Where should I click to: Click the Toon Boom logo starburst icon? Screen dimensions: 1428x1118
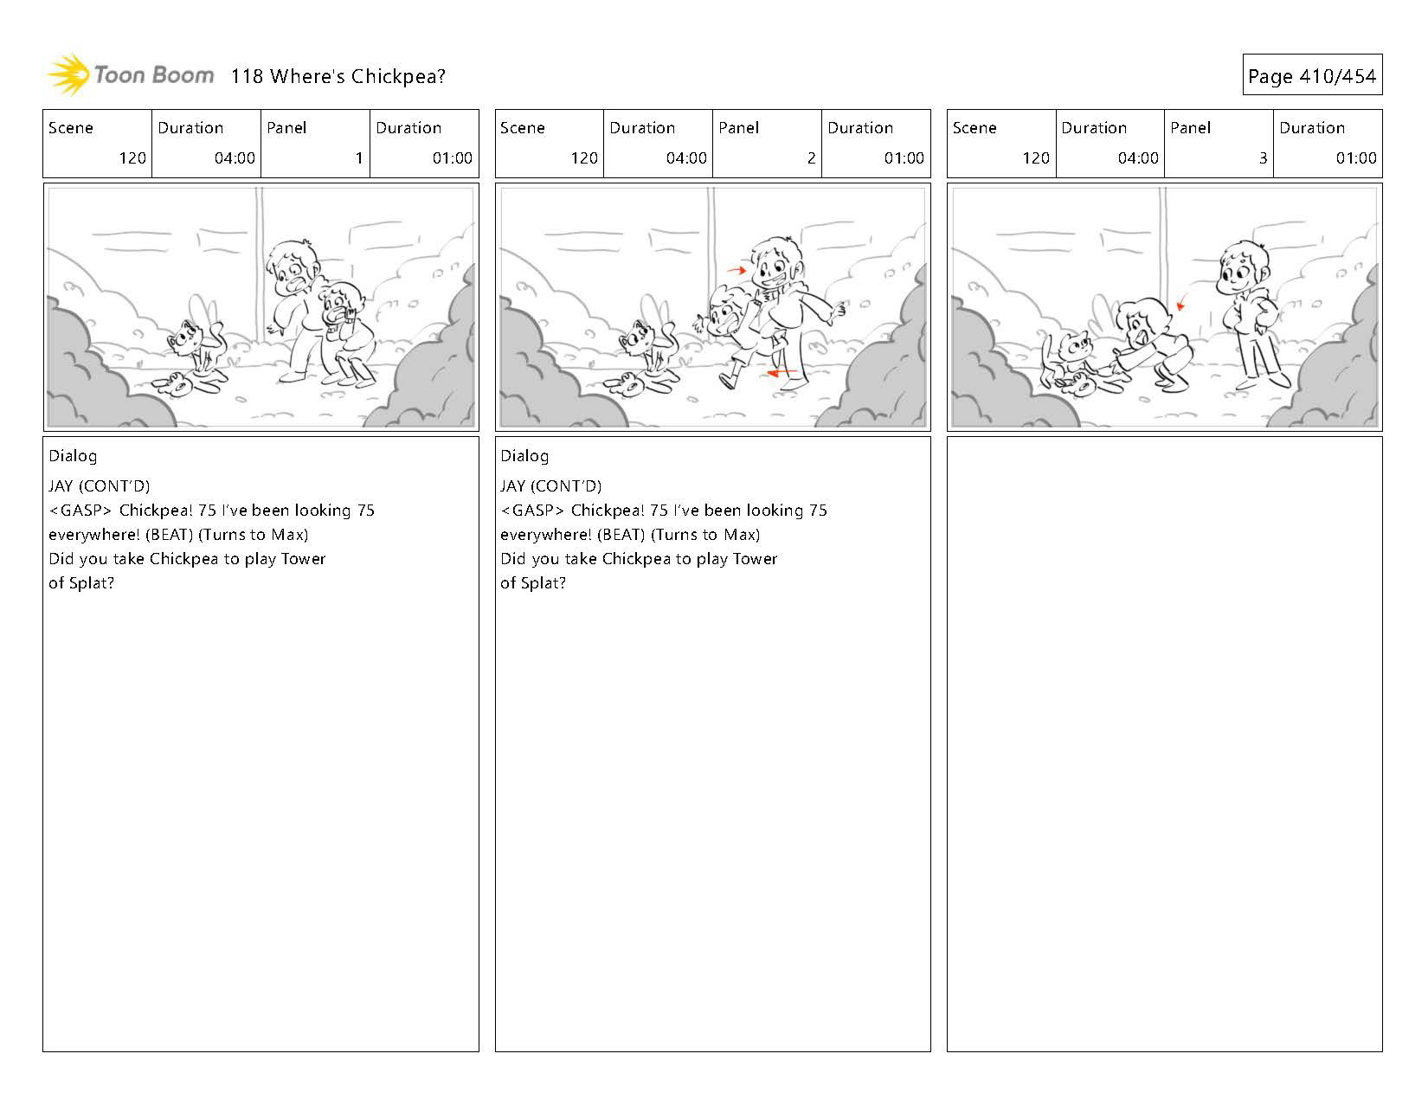(68, 75)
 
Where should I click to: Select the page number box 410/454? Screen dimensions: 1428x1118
(1311, 76)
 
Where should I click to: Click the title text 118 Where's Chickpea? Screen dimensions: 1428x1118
(338, 76)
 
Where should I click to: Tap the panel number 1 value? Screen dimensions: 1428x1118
(358, 158)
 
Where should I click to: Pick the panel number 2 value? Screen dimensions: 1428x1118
(811, 158)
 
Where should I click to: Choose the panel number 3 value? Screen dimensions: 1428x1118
(1263, 158)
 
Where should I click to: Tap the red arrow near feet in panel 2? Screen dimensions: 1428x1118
(782, 373)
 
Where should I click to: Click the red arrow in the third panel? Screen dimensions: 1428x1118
(1181, 303)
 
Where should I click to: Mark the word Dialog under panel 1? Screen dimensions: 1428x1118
(73, 456)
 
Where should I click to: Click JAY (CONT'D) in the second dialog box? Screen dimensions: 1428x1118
(550, 486)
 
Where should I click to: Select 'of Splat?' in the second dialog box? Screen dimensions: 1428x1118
(532, 583)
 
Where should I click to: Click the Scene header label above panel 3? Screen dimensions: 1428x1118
(975, 128)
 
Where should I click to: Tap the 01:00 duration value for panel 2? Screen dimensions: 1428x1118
(904, 158)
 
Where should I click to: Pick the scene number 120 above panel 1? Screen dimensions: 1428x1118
(132, 158)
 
